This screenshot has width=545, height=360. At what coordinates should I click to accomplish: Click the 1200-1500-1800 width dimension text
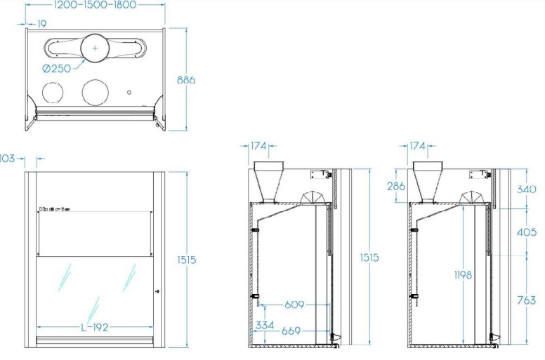(95, 5)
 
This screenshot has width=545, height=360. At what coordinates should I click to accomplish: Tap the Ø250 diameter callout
(57, 68)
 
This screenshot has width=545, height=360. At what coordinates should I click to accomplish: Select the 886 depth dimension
(186, 80)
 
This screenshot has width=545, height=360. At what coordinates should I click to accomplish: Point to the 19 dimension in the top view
(41, 24)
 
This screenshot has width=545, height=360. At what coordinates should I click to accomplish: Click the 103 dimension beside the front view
(7, 159)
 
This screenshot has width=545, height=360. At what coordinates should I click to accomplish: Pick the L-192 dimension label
(95, 327)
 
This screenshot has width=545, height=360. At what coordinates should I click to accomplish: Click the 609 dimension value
(294, 305)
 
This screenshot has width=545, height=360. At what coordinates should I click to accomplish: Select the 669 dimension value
(291, 331)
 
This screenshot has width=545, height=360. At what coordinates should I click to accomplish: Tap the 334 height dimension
(265, 326)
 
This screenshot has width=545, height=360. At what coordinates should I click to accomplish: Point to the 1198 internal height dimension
(463, 275)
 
